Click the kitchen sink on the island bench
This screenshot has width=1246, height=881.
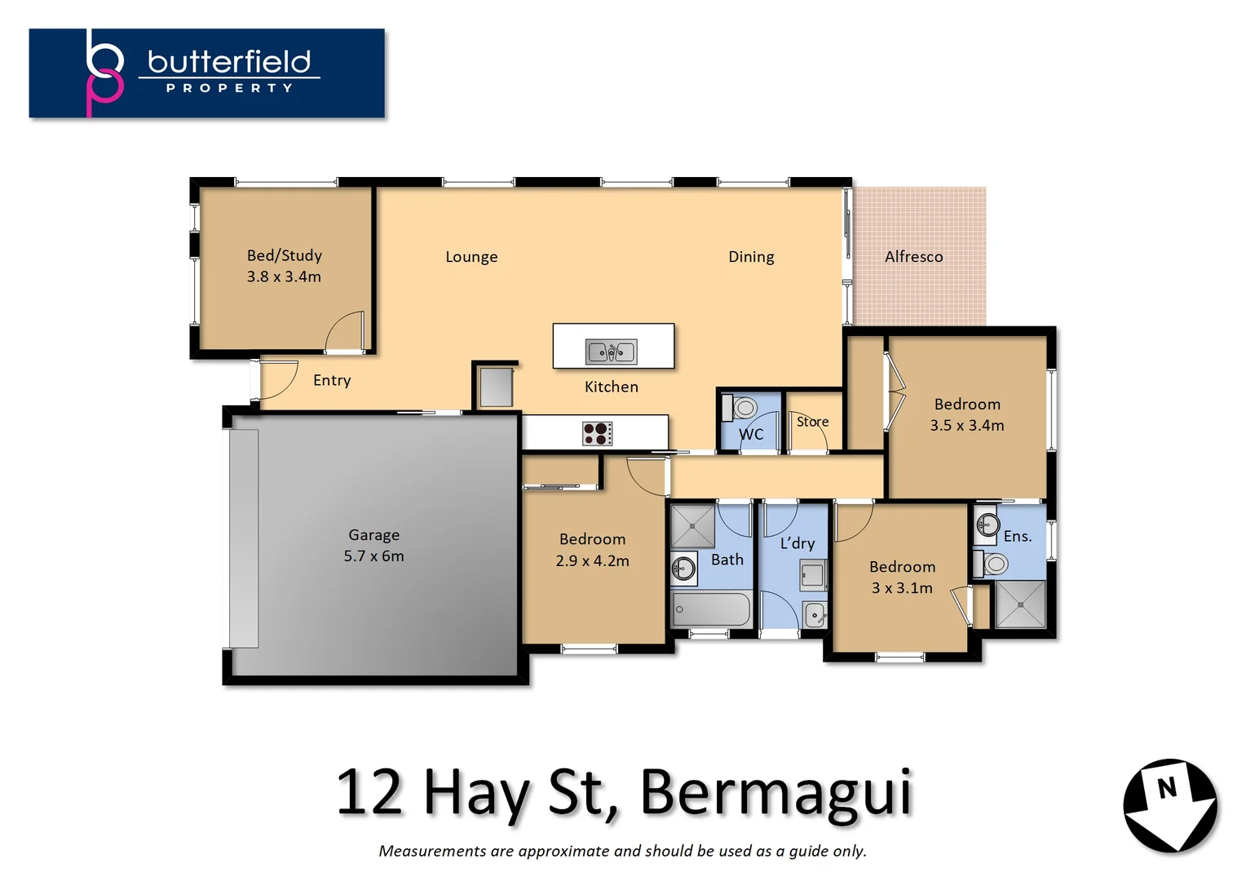pyautogui.click(x=611, y=352)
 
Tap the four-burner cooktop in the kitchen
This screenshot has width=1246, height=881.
pyautogui.click(x=598, y=433)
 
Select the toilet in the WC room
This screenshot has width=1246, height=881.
pyautogui.click(x=744, y=407)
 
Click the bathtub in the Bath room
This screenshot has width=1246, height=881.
pyautogui.click(x=710, y=609)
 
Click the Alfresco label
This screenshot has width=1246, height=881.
pyautogui.click(x=913, y=257)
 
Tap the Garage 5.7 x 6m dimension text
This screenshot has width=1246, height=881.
pyautogui.click(x=373, y=556)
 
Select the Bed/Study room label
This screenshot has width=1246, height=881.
pyautogui.click(x=284, y=255)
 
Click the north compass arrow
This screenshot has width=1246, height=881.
pyautogui.click(x=1170, y=806)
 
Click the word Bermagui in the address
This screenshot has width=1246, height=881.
pyautogui.click(x=775, y=792)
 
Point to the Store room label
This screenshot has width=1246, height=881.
pyautogui.click(x=812, y=422)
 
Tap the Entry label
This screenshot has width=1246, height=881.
pyautogui.click(x=332, y=380)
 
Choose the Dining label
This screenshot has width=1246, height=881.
pyautogui.click(x=751, y=257)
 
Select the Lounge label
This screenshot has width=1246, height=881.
pyautogui.click(x=471, y=257)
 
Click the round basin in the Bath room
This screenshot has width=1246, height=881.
pyautogui.click(x=683, y=568)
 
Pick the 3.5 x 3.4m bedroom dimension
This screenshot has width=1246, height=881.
pyautogui.click(x=967, y=425)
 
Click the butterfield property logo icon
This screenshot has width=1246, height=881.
pyautogui.click(x=104, y=73)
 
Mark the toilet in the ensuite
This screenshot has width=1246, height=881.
pyautogui.click(x=993, y=563)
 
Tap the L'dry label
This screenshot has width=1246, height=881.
pyautogui.click(x=797, y=543)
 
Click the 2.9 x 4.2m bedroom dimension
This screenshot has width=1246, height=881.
pyautogui.click(x=592, y=560)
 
